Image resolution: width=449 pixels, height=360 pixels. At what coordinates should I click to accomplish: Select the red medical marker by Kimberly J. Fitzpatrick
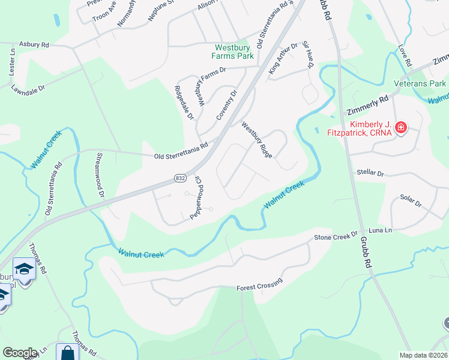(x=401, y=128)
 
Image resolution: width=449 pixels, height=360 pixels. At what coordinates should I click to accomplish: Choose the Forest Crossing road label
(x=259, y=287)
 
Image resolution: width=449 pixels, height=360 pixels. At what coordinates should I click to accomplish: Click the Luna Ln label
(x=379, y=230)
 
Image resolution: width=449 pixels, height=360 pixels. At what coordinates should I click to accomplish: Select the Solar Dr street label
(x=411, y=200)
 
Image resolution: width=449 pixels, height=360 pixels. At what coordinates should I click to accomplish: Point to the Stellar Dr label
(x=370, y=172)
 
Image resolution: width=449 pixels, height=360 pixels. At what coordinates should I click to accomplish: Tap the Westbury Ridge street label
(x=257, y=140)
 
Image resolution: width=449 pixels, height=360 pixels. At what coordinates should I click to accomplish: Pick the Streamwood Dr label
(x=100, y=175)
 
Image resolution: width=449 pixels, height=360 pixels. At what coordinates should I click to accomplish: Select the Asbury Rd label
(x=34, y=44)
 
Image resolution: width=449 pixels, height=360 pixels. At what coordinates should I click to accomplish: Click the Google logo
(x=20, y=353)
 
